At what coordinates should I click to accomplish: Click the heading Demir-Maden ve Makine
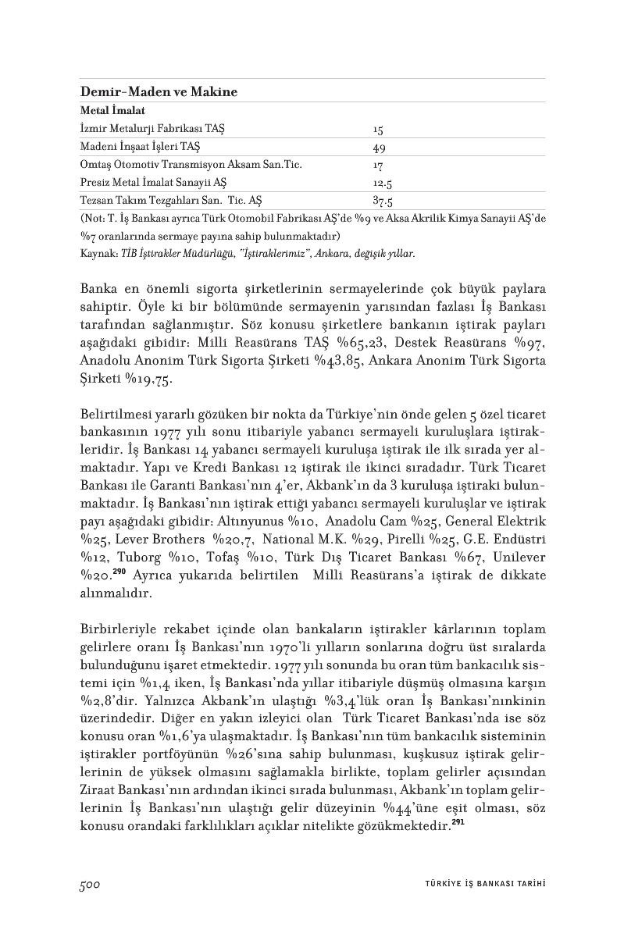[x=159, y=92]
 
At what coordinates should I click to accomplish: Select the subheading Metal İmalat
[x=113, y=112]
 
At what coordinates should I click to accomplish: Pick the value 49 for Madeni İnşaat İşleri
[x=380, y=147]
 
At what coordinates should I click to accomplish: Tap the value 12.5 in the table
[x=382, y=183]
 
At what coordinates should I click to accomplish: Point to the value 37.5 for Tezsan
[x=382, y=201]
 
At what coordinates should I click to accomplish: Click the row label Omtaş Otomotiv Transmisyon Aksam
[x=191, y=165]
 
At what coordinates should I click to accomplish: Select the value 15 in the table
[x=379, y=129]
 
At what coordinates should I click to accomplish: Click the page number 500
[x=91, y=883]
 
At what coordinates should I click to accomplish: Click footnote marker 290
[x=119, y=572]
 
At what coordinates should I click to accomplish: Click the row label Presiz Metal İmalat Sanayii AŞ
[x=154, y=183]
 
